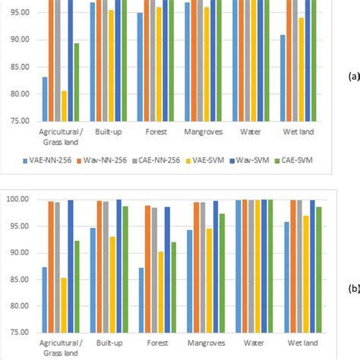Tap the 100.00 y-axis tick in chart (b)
pos(17,199)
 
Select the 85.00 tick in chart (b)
pos(19,279)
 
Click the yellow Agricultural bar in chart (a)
pos(64,106)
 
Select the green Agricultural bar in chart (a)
pos(77,82)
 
